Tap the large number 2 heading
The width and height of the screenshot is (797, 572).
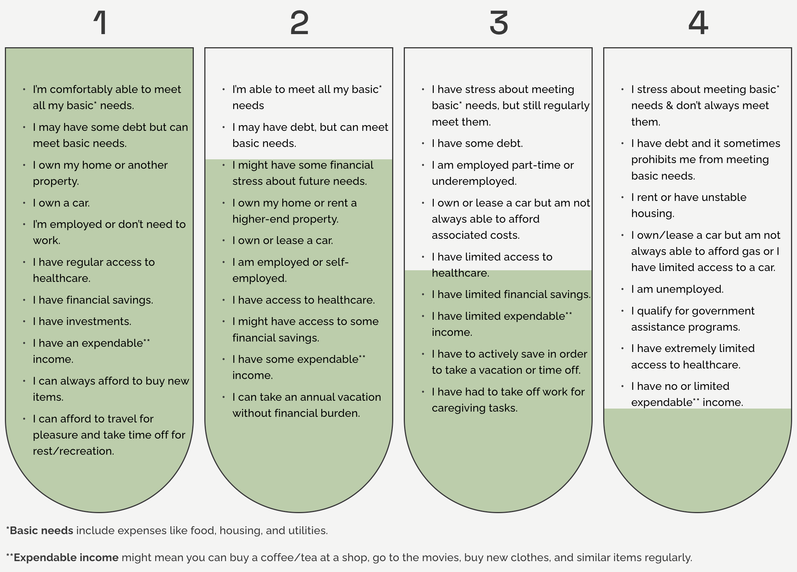(x=299, y=23)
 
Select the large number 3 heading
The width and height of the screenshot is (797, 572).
(x=499, y=23)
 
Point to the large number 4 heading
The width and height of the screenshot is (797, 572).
(x=698, y=23)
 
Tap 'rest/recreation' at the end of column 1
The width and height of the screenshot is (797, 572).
(x=73, y=451)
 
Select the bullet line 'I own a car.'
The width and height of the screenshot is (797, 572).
(x=61, y=203)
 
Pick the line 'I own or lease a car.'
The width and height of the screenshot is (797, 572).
(x=282, y=241)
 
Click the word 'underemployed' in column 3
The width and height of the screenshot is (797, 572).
(x=473, y=181)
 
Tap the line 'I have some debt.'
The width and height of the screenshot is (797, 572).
(x=477, y=144)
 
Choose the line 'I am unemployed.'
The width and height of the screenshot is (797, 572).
(x=677, y=289)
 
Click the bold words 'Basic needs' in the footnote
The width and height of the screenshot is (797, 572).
(x=41, y=531)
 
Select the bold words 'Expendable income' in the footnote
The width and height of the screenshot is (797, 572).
(x=66, y=558)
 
